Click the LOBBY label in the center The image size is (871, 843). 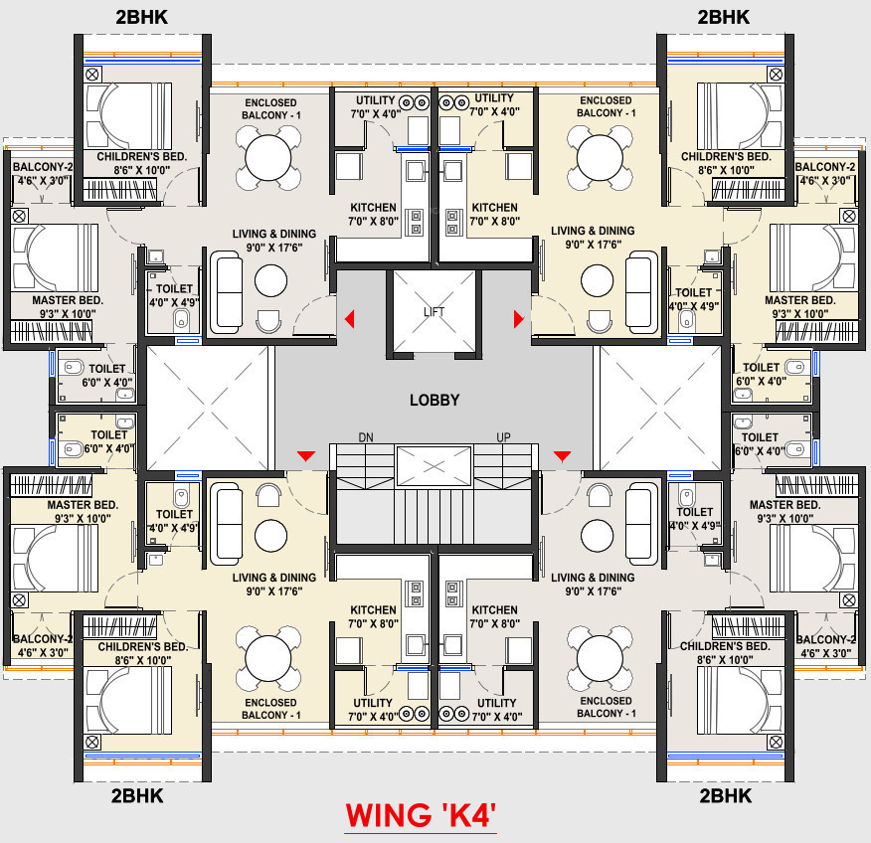pyautogui.click(x=435, y=400)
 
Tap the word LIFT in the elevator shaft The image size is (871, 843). pyautogui.click(x=434, y=312)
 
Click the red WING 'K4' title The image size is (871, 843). pyautogui.click(x=420, y=815)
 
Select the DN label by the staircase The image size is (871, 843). pyautogui.click(x=366, y=437)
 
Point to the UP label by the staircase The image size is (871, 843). pyautogui.click(x=503, y=437)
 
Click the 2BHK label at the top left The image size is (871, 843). pyautogui.click(x=141, y=17)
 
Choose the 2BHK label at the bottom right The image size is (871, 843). pyautogui.click(x=726, y=796)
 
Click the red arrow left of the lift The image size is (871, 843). pyautogui.click(x=349, y=319)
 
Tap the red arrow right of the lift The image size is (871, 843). pyautogui.click(x=519, y=319)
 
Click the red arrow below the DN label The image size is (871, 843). pyautogui.click(x=306, y=456)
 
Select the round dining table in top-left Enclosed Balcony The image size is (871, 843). pyautogui.click(x=268, y=158)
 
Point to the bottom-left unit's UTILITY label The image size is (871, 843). pyautogui.click(x=373, y=703)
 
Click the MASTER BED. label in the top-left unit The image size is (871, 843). pyautogui.click(x=68, y=300)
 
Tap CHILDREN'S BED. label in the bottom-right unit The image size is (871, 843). pyautogui.click(x=725, y=646)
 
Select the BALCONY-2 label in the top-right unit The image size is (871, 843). pyautogui.click(x=825, y=167)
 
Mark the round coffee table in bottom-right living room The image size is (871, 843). pyautogui.click(x=598, y=536)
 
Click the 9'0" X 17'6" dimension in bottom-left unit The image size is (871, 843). pyautogui.click(x=274, y=591)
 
